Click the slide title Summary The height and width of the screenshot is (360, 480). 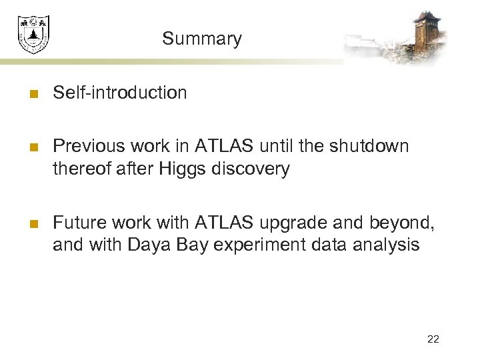click(x=201, y=39)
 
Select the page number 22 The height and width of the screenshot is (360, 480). click(x=433, y=339)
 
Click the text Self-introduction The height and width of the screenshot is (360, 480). click(x=120, y=93)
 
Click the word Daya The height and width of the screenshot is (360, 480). click(x=149, y=245)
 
